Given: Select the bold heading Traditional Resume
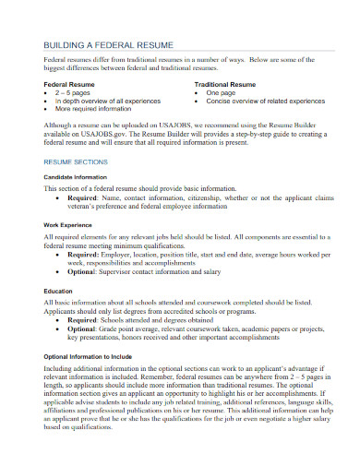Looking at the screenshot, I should [227, 84].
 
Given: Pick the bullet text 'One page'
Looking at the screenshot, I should [222, 93].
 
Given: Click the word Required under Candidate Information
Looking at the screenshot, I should [84, 197].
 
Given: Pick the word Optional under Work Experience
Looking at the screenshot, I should [84, 272].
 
